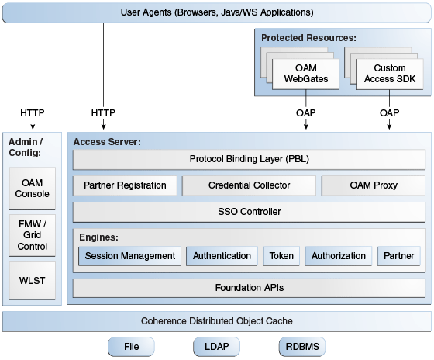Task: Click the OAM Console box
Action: pyautogui.click(x=32, y=189)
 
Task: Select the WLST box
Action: pyautogui.click(x=32, y=281)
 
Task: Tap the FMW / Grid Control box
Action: pyautogui.click(x=32, y=235)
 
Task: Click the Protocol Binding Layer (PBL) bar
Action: pyautogui.click(x=249, y=159)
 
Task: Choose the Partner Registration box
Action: pyautogui.click(x=125, y=185)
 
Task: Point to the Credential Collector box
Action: pyautogui.click(x=249, y=185)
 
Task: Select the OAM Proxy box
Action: pyautogui.click(x=374, y=185)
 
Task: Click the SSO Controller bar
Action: pyautogui.click(x=249, y=212)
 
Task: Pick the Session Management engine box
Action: pyautogui.click(x=130, y=256)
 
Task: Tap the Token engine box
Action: pyautogui.click(x=281, y=256)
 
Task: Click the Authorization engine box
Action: pyautogui.click(x=338, y=256)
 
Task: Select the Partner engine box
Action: pyautogui.click(x=399, y=256)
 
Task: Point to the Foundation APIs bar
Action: pyautogui.click(x=249, y=288)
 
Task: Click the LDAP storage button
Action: pyautogui.click(x=216, y=347)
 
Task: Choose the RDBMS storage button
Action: pyautogui.click(x=302, y=347)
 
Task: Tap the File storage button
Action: pyautogui.click(x=131, y=347)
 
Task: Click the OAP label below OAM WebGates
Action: pyautogui.click(x=305, y=113)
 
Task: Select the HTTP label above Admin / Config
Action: pyautogui.click(x=33, y=113)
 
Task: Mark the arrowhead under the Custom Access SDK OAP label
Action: pyautogui.click(x=389, y=126)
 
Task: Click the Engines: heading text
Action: pyautogui.click(x=98, y=237)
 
